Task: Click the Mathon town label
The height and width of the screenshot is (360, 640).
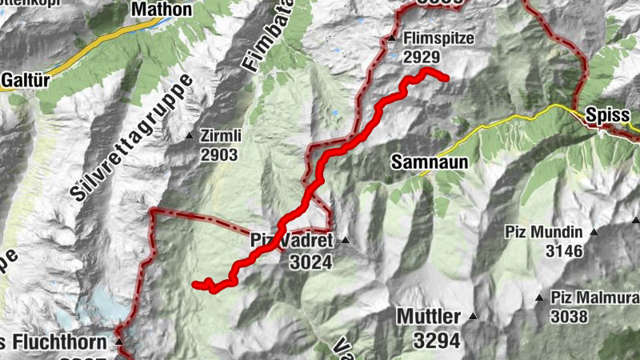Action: [x=162, y=10]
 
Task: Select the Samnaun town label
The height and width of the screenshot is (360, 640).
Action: [x=429, y=161]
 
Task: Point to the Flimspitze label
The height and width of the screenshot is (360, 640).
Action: [x=440, y=38]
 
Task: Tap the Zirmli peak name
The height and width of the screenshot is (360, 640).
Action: [x=220, y=137]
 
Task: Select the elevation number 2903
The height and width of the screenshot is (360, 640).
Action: [x=221, y=154]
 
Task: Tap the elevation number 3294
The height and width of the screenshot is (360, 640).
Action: [x=437, y=339]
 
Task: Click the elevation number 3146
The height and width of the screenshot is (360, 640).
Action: [x=564, y=251]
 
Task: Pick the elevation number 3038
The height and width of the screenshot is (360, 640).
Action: [x=569, y=316]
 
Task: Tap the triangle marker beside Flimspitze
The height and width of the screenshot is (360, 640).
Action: [x=392, y=38]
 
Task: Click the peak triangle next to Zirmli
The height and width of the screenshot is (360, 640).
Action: [x=190, y=136]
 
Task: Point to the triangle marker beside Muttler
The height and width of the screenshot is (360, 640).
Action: [x=473, y=316]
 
